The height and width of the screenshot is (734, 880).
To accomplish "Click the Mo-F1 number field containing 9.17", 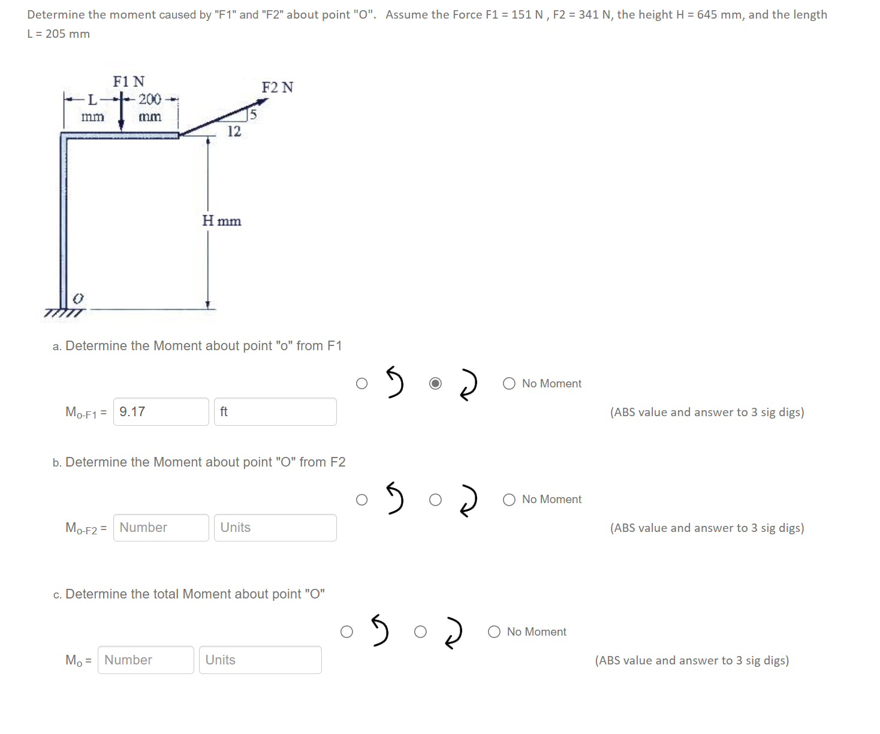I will [161, 411].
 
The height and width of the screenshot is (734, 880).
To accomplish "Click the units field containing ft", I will [275, 411].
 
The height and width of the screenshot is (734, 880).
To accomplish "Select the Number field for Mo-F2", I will [161, 528].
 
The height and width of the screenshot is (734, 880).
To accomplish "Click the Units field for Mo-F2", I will [275, 528].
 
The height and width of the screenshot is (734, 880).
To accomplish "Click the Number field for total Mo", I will [146, 660].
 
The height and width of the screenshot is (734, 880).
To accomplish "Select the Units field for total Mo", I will [260, 660].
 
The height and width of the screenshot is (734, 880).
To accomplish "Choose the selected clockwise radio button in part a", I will [436, 383].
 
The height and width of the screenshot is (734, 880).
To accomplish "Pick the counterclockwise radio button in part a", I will [361, 383].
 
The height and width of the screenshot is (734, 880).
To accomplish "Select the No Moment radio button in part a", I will [509, 383].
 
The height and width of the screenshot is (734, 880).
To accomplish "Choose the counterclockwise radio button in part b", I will [361, 500].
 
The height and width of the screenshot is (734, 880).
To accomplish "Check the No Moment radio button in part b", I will [509, 500].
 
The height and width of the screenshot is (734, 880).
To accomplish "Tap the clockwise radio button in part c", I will [421, 631].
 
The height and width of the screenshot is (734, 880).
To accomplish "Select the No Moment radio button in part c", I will [494, 631].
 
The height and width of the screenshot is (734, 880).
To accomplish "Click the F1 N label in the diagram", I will [129, 81].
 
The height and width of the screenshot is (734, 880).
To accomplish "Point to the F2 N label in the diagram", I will [278, 88].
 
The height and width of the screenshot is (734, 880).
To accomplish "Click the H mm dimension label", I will [222, 221].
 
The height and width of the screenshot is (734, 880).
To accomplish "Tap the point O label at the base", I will [77, 298].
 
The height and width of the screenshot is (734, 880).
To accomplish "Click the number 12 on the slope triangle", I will [234, 131].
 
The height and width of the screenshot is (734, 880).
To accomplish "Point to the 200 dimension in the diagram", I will [150, 99].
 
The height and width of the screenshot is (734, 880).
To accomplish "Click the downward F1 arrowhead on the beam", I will [121, 124].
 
